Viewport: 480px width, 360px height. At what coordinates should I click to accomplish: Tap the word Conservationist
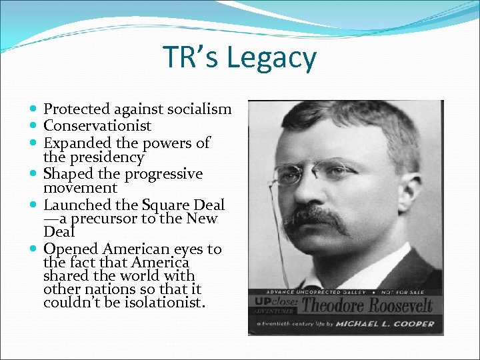click(x=97, y=125)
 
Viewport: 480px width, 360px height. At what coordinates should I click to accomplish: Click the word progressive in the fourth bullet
click(x=163, y=173)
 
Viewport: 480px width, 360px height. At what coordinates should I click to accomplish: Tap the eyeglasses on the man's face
click(x=313, y=171)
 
